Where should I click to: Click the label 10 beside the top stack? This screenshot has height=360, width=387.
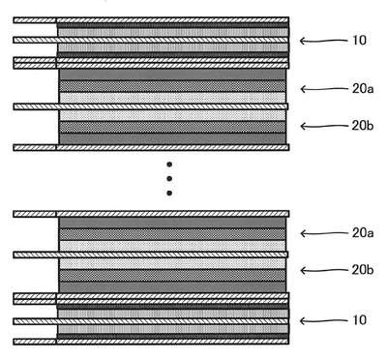point(360,41)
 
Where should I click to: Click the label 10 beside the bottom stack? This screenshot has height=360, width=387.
point(360,320)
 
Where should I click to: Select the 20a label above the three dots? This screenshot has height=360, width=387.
point(363,89)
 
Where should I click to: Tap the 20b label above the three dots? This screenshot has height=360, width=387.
point(363,126)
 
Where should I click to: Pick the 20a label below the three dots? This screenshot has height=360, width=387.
point(363,233)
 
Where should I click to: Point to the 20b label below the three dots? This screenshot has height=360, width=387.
point(363,270)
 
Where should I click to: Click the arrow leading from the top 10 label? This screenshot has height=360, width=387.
point(323,41)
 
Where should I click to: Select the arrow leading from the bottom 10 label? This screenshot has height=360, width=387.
point(323,320)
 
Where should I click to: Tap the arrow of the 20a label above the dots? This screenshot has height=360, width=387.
point(323,89)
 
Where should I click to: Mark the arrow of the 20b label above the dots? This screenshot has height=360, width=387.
point(323,126)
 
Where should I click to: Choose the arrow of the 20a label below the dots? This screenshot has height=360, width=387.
point(323,233)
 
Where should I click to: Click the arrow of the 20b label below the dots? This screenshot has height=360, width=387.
point(323,270)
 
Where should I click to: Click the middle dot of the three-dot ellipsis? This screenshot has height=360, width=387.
point(169,179)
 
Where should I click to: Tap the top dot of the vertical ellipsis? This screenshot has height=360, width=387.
point(169,165)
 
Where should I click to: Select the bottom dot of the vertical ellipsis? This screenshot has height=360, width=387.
point(169,194)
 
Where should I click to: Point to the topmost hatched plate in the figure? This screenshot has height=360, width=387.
point(151,20)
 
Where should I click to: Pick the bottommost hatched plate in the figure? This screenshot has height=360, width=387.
point(151,342)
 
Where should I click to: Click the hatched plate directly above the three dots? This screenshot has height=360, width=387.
point(151,147)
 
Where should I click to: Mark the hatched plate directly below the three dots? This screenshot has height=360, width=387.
point(151,214)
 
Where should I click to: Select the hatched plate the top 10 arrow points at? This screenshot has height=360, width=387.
point(151,40)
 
